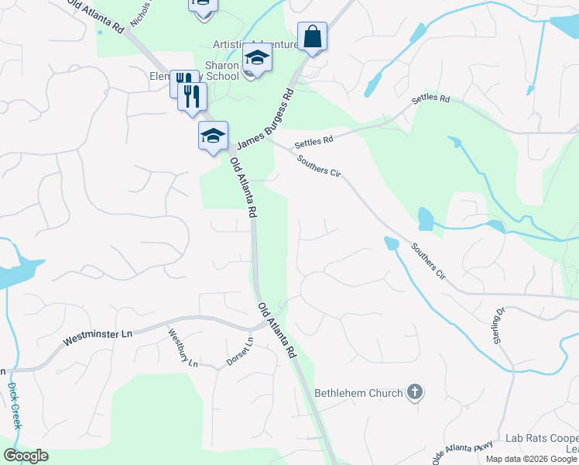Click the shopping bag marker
(x=312, y=36)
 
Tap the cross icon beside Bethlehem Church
(x=415, y=392)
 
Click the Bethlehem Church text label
(x=358, y=393)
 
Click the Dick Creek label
(x=15, y=405)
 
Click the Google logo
(x=26, y=456)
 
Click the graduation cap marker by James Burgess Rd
(x=213, y=136)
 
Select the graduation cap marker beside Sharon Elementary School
(x=257, y=57)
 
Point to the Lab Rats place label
(x=540, y=439)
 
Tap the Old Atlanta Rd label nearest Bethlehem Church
(x=278, y=329)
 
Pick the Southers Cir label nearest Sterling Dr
(x=428, y=261)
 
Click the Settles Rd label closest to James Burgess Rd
(x=313, y=141)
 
